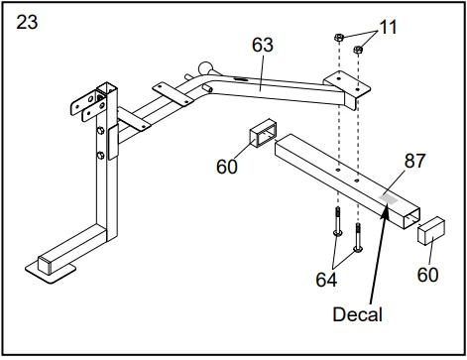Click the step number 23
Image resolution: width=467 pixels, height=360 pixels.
[27, 23]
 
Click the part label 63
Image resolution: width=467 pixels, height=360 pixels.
[263, 45]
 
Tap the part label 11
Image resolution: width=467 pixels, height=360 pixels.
[388, 27]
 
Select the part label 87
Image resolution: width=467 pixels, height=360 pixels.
[414, 161]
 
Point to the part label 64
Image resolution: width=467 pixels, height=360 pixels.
[326, 280]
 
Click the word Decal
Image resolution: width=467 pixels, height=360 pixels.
[357, 314]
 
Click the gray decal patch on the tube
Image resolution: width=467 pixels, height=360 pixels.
[389, 198]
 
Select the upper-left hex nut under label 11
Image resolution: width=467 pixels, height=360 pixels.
[339, 37]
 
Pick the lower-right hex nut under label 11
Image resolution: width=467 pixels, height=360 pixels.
[358, 50]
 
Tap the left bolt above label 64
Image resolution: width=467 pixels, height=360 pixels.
[338, 221]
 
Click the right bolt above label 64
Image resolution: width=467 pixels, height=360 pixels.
[358, 237]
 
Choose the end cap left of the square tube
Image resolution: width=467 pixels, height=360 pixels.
[263, 132]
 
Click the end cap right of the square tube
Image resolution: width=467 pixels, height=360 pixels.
[431, 231]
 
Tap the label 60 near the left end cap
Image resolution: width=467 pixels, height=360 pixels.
[227, 167]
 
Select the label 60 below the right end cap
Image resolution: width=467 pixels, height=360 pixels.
[427, 275]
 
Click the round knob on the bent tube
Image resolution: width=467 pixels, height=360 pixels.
[205, 68]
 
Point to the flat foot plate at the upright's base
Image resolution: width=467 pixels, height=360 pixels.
[51, 271]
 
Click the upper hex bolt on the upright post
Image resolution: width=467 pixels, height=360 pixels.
[101, 130]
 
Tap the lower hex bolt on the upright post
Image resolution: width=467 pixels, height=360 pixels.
[101, 155]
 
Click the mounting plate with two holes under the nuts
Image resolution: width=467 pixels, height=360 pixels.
[347, 84]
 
